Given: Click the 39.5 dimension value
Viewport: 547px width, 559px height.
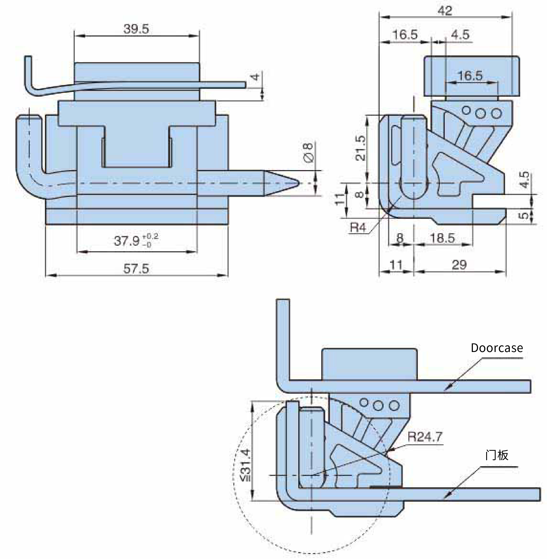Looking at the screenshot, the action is [x=136, y=29].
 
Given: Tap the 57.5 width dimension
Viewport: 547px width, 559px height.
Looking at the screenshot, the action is [x=136, y=269].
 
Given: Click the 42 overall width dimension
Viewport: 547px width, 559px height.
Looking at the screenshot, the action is [x=445, y=11].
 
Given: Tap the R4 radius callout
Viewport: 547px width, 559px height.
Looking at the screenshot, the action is [x=358, y=228].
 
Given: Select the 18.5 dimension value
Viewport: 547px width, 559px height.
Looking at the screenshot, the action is [x=442, y=238].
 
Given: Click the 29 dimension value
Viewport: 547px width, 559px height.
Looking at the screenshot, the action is [x=459, y=264].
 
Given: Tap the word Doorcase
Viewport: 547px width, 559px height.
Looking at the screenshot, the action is [x=497, y=348].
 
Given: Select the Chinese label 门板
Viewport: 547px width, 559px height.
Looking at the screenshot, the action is [x=497, y=455].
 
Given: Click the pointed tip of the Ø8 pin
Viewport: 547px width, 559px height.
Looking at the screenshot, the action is [x=299, y=183].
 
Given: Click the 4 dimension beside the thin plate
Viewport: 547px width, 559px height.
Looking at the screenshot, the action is [x=255, y=77].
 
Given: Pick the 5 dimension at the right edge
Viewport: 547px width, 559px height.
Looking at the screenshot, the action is [x=525, y=215].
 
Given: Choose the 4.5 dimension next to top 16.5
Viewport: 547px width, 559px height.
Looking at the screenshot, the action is [x=460, y=35].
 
